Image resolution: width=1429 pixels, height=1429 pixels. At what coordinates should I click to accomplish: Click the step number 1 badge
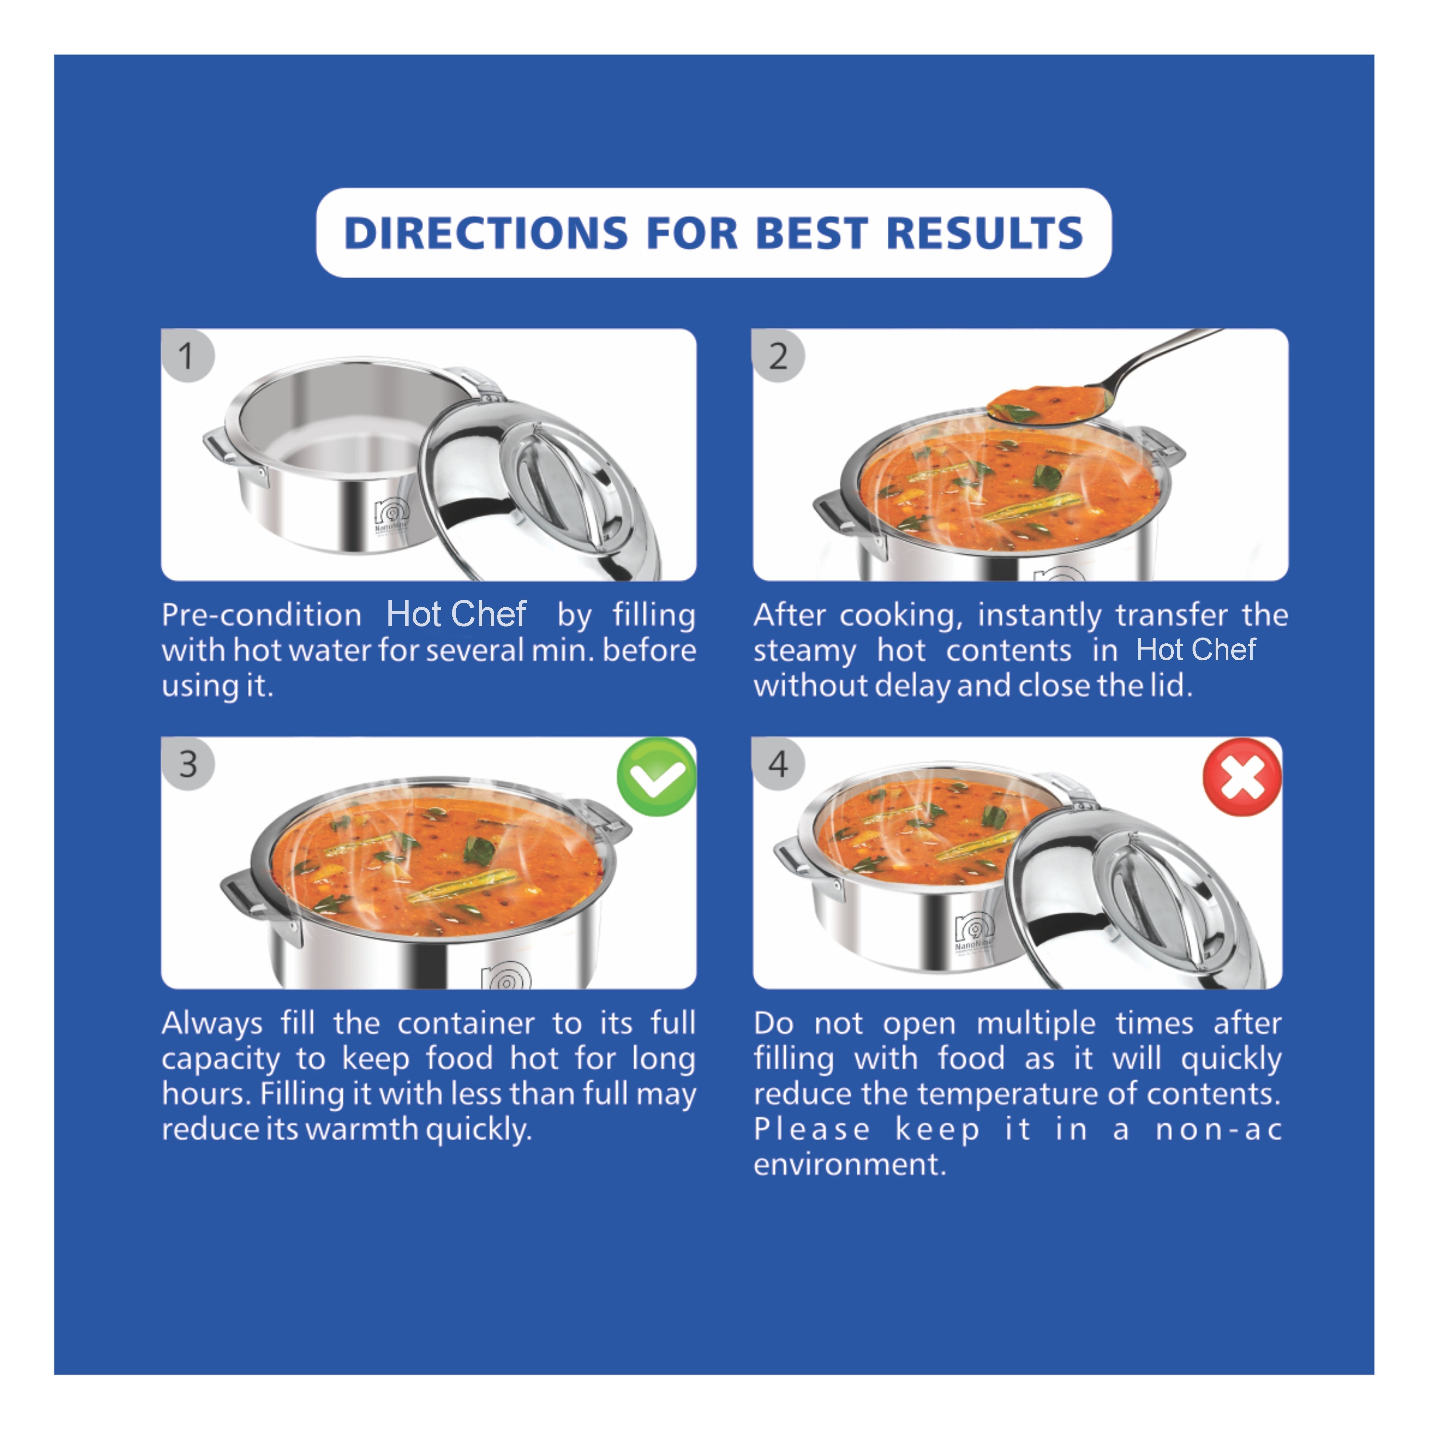pos(187,356)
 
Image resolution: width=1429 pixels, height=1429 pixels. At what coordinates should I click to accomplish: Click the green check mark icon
pos(656,777)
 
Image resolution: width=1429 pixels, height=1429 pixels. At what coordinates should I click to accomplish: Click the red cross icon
pos(1242,777)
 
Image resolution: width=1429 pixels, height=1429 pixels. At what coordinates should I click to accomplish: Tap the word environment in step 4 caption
pos(849,1164)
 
